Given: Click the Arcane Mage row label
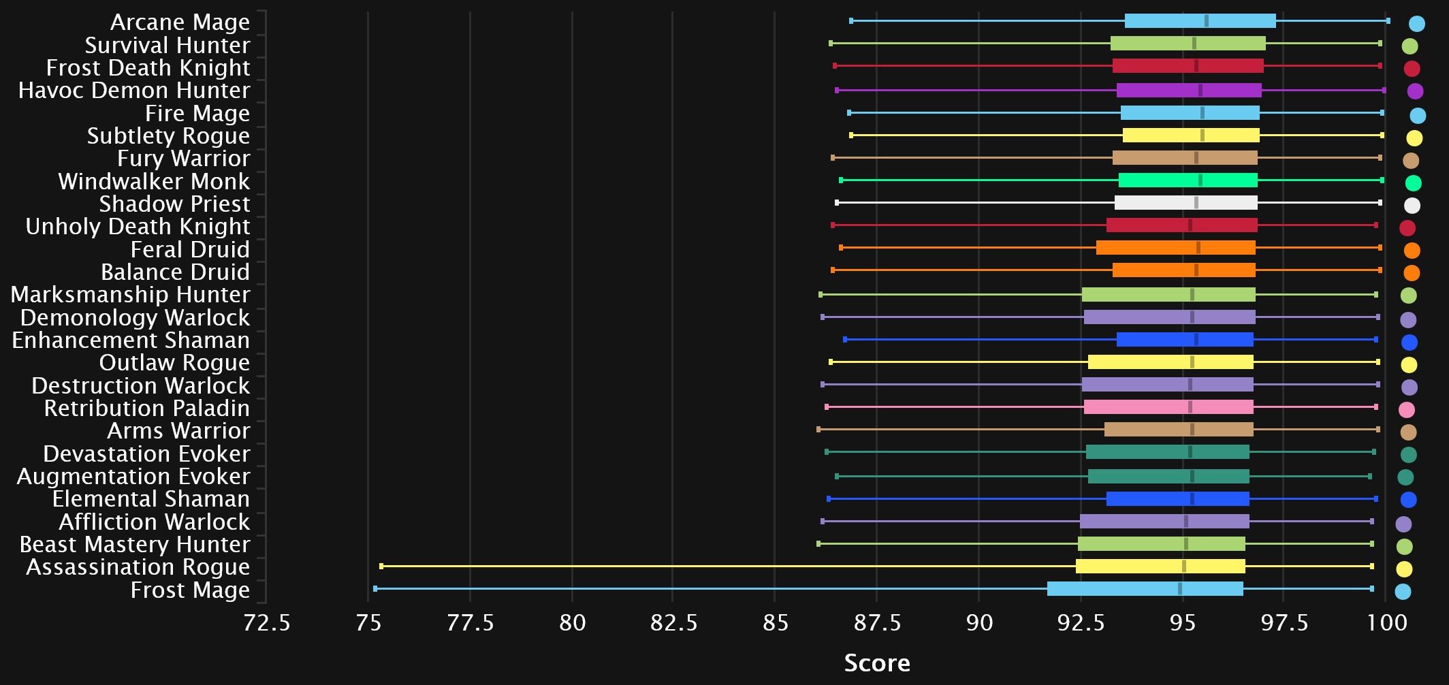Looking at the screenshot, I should (180, 22).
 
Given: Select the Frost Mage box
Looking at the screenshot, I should (1145, 589).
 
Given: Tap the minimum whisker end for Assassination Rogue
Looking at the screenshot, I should (381, 566).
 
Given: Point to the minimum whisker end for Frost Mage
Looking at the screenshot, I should (375, 588).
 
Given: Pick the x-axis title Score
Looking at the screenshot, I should (876, 663).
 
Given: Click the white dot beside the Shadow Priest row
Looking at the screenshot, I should (1412, 205).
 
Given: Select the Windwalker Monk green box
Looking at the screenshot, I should (1188, 180).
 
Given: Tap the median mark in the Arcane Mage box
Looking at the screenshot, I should (1207, 21).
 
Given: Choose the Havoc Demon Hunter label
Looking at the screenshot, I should (134, 91).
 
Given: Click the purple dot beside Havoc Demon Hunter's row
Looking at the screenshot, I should (1414, 91).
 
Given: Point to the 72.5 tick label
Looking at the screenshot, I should (266, 623).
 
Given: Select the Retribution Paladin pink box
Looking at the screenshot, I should (1168, 407).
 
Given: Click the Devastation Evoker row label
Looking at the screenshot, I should (146, 454).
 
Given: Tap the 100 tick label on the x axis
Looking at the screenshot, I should (1387, 623).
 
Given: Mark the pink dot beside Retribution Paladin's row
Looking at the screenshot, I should (1406, 410).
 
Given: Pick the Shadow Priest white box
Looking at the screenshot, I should (1185, 203).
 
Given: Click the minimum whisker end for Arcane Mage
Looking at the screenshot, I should (851, 21).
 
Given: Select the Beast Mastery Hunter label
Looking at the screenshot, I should (135, 545).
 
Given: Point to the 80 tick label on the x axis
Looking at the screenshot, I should (572, 623).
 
